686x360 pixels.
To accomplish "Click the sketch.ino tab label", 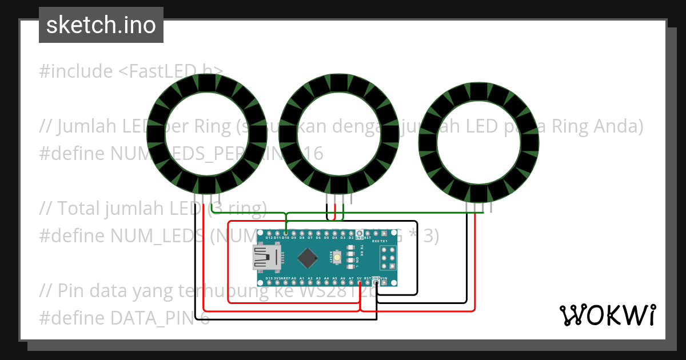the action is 101,25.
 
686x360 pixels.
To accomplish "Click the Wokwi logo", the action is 607,315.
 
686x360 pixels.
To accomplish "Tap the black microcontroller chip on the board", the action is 308,258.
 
